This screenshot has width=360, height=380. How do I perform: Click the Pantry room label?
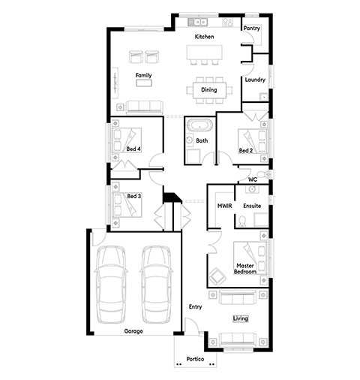click(252, 28)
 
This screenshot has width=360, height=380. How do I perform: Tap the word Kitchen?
click(204, 37)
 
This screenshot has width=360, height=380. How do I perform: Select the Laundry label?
click(255, 80)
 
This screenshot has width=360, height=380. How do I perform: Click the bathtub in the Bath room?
click(200, 125)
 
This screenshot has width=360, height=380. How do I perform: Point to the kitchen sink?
click(198, 22)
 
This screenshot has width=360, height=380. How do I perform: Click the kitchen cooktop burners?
click(227, 22)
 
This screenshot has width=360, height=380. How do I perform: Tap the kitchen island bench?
click(204, 53)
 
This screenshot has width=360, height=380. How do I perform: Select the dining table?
click(209, 90)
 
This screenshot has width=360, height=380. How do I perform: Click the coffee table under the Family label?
click(144, 83)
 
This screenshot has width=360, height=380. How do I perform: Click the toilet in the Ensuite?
click(242, 221)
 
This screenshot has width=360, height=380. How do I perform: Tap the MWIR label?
click(224, 206)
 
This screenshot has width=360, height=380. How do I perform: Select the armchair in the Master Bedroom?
click(217, 276)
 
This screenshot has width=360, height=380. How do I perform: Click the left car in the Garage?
click(111, 285)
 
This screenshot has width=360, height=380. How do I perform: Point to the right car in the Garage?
click(156, 285)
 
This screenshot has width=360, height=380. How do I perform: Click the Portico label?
click(195, 359)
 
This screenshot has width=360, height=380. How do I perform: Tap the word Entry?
click(195, 307)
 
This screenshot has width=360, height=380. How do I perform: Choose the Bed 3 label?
click(134, 196)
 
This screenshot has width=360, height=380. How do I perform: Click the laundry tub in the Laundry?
click(263, 96)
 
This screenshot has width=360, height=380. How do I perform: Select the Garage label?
click(133, 331)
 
